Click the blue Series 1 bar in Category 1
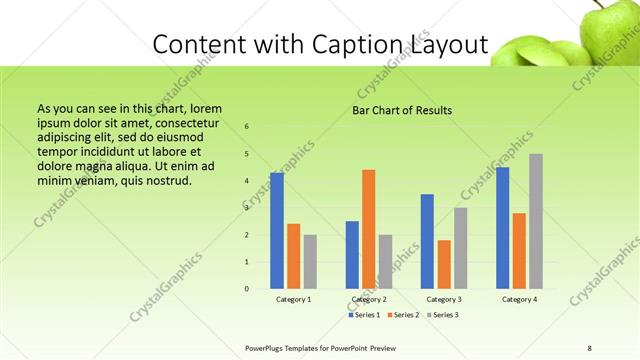click(x=277, y=231)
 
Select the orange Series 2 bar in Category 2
click(x=368, y=229)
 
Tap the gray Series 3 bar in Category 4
click(x=536, y=221)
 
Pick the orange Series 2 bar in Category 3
click(x=444, y=264)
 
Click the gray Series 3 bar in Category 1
click(x=310, y=262)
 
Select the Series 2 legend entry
click(x=405, y=315)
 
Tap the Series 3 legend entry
click(x=443, y=315)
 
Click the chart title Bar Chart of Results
click(x=402, y=110)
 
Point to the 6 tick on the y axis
click(x=247, y=127)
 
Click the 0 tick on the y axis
click(x=247, y=289)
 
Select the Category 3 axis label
click(x=444, y=299)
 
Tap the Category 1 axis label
click(x=294, y=299)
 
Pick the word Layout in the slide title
click(x=447, y=46)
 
